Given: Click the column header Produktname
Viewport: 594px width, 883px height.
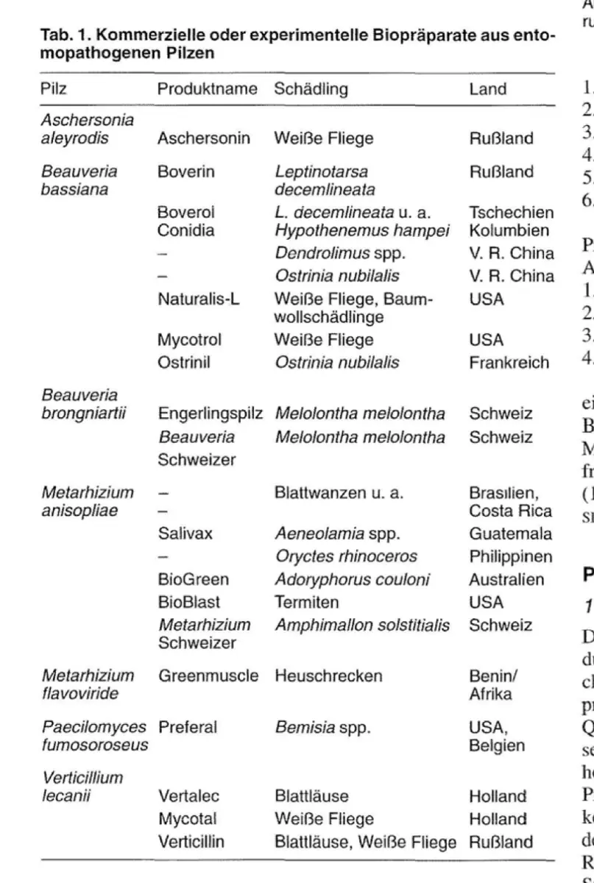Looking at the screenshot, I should (206, 90).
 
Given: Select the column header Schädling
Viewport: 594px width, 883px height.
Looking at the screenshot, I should (308, 90).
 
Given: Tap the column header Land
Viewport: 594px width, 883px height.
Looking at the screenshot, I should (487, 90).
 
